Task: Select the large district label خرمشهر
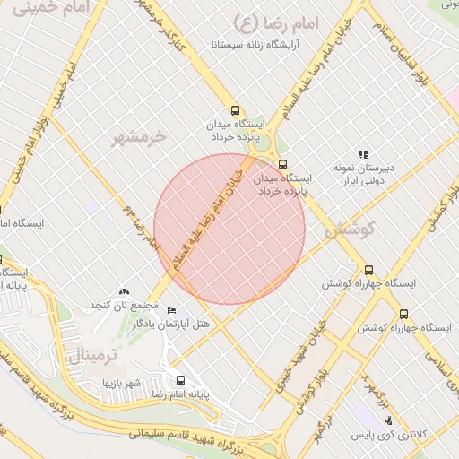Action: [139, 136]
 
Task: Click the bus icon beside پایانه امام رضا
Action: [181, 380]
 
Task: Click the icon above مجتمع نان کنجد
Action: [124, 291]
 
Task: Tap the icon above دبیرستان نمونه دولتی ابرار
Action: [363, 154]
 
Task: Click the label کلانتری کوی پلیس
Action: [398, 435]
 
